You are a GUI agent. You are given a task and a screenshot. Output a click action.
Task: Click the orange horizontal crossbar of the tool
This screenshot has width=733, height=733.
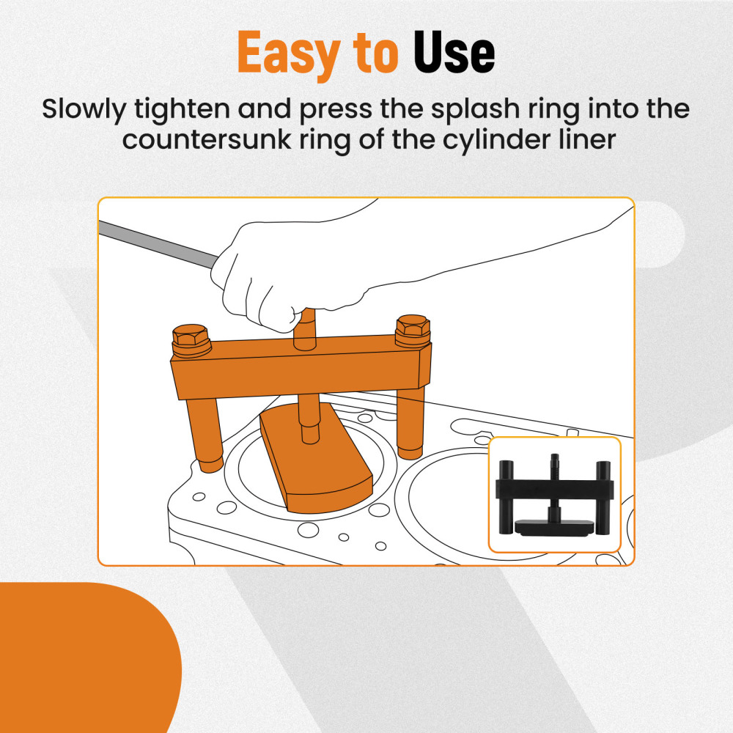(301, 370)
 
